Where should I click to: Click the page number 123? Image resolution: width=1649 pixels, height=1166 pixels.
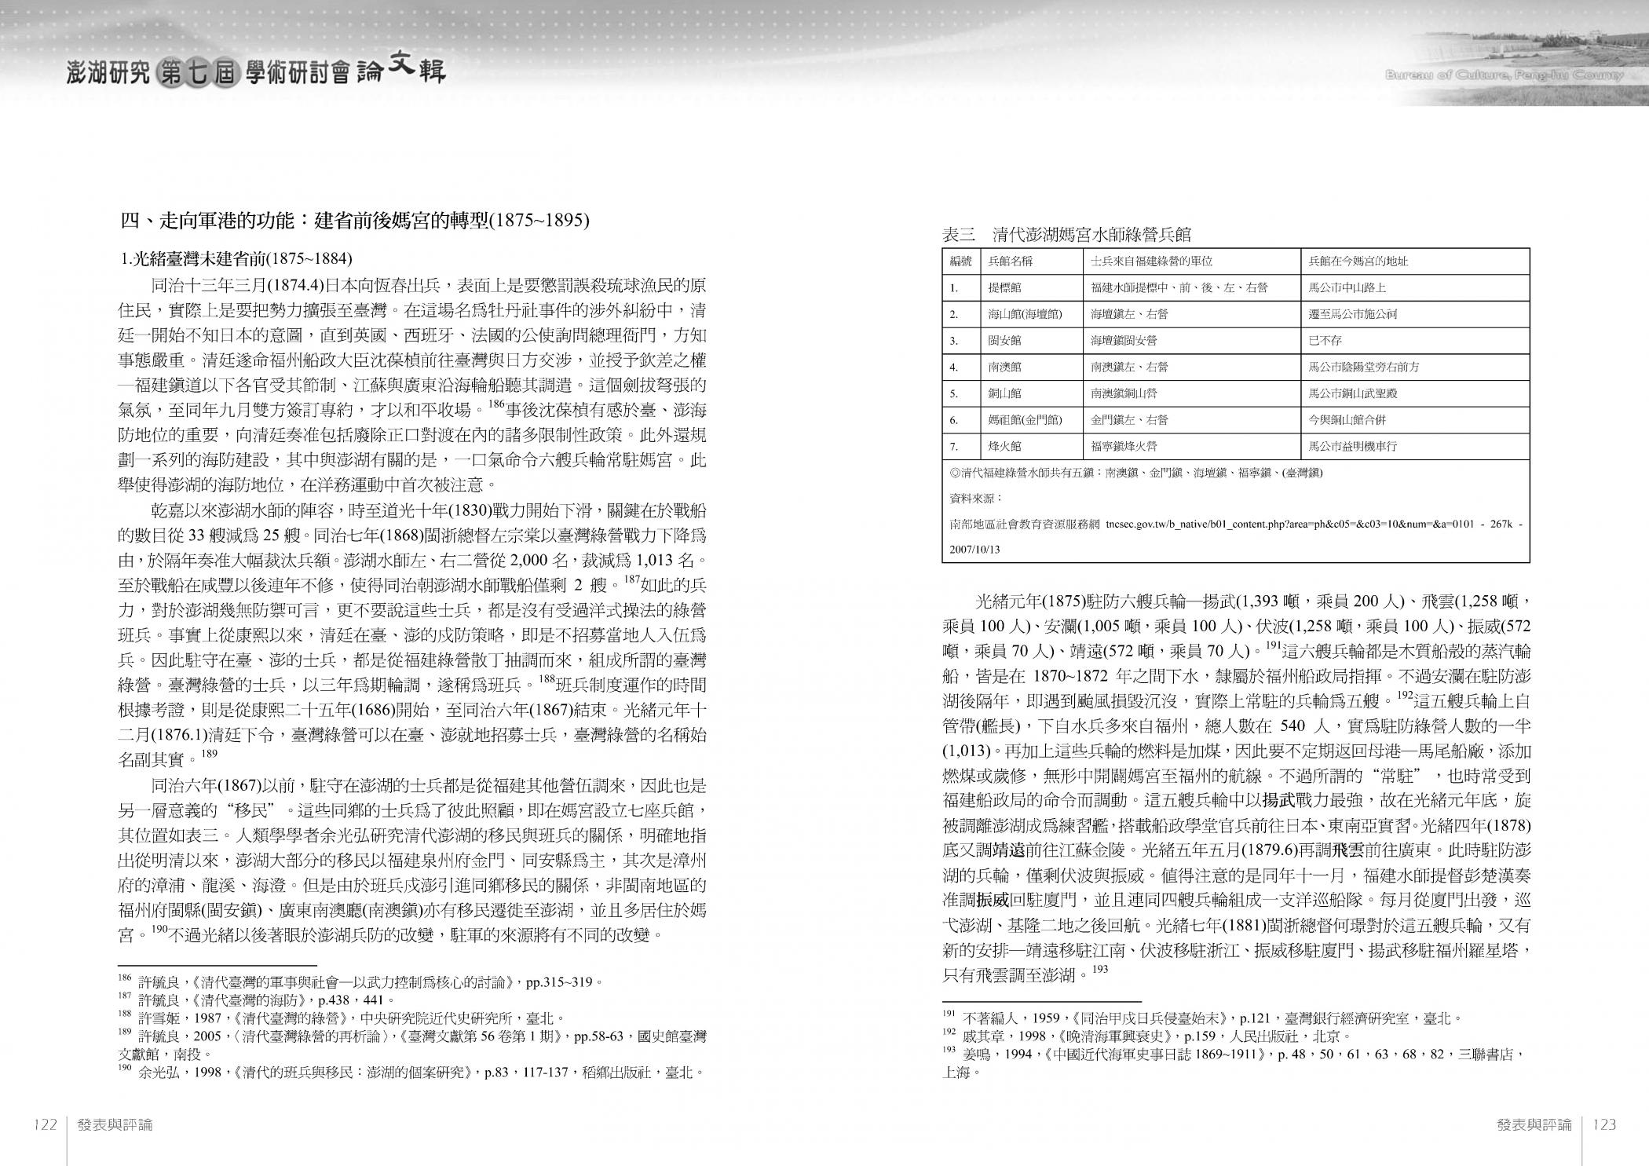[x=1604, y=1124]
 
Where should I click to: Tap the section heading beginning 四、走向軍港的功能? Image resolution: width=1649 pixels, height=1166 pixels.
[x=354, y=221]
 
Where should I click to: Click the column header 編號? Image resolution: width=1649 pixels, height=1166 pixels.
[x=961, y=261]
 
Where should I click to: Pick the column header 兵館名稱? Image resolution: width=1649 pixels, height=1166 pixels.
[x=1009, y=261]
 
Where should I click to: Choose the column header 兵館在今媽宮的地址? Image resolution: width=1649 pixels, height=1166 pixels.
[x=1358, y=261]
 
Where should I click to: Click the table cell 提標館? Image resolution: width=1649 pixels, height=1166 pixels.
[x=1005, y=288]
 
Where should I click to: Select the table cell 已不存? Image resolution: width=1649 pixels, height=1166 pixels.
[x=1325, y=341]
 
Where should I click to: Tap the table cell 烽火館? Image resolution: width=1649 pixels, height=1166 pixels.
[x=1005, y=447]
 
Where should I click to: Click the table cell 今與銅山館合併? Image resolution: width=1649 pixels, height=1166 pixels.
[x=1352, y=420]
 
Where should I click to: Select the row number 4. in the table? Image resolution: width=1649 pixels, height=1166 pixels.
[x=954, y=367]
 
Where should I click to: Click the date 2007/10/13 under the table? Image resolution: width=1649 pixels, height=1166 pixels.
[x=974, y=550]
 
